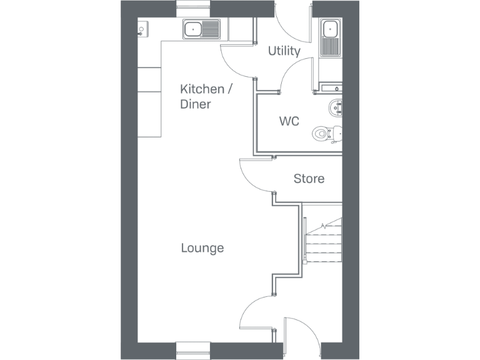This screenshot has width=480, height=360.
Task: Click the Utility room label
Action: pyautogui.click(x=284, y=51)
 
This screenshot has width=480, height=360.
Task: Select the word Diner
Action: pyautogui.click(x=195, y=104)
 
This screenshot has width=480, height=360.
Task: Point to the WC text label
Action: pyautogui.click(x=289, y=121)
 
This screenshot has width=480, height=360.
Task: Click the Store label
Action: pyautogui.click(x=309, y=179)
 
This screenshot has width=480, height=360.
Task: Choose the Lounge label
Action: pyautogui.click(x=202, y=248)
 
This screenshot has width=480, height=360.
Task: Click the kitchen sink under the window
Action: pyautogui.click(x=202, y=29)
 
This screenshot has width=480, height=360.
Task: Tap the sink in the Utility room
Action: pyautogui.click(x=329, y=37)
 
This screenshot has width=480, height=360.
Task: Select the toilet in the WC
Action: pyautogui.click(x=327, y=132)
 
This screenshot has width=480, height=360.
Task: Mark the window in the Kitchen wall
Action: pyautogui.click(x=194, y=8)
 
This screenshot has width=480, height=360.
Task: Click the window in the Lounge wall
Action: pyautogui.click(x=194, y=351)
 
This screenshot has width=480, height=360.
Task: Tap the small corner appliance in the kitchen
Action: pyautogui.click(x=143, y=29)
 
